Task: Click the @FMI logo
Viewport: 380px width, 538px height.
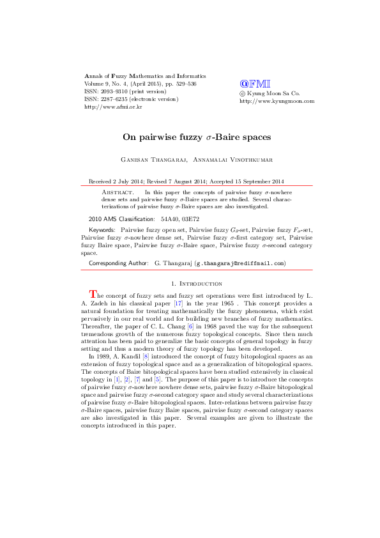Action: (x=255, y=83)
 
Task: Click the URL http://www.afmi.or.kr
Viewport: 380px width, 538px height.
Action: (x=113, y=107)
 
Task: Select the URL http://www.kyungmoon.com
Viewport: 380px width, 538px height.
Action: (x=277, y=101)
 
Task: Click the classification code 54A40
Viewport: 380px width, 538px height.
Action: (x=170, y=219)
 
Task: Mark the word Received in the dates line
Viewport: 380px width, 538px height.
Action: (x=101, y=180)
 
